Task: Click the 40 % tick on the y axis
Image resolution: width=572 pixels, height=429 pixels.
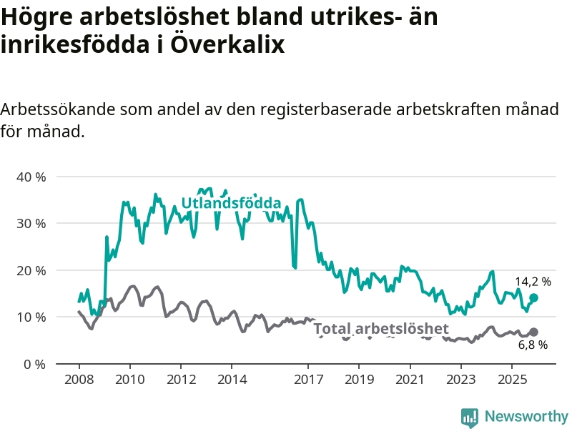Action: (x=30, y=177)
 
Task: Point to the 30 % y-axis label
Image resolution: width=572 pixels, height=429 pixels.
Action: (x=30, y=223)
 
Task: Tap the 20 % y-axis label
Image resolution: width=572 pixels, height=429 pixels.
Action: (x=30, y=270)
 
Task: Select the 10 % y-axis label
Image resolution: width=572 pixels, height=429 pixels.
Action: (x=30, y=317)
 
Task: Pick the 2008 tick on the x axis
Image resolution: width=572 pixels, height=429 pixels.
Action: (x=79, y=378)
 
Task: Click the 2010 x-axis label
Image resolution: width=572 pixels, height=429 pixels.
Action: (x=129, y=378)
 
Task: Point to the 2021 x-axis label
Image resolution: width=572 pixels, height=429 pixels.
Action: (x=410, y=378)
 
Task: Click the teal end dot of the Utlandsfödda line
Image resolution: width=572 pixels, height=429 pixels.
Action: (x=533, y=297)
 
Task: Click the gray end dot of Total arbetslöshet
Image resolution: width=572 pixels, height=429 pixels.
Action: (x=533, y=332)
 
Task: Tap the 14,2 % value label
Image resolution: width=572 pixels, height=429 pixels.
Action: (x=533, y=282)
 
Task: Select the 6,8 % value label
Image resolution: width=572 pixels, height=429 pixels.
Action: (x=533, y=345)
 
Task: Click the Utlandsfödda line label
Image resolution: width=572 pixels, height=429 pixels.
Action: (x=231, y=204)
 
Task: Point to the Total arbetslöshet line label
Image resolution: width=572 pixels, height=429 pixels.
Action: (x=381, y=329)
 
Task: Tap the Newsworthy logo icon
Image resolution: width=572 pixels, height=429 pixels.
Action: (x=470, y=417)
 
